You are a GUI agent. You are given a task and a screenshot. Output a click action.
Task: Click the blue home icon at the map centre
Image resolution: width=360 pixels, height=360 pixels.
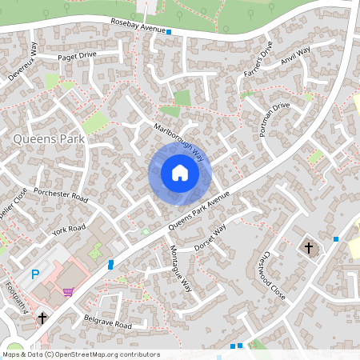(x=180, y=173)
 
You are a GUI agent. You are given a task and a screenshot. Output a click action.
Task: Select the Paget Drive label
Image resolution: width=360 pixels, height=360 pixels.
(x=77, y=56)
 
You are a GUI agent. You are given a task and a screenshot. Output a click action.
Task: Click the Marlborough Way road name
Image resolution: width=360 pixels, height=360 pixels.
(x=179, y=142)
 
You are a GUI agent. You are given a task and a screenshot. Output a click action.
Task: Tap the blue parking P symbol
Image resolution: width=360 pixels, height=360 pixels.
(x=34, y=274)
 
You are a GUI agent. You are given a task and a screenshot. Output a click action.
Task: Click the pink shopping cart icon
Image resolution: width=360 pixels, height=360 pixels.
(x=69, y=292)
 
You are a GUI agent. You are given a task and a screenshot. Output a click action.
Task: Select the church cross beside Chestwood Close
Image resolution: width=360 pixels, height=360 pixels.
(x=309, y=247)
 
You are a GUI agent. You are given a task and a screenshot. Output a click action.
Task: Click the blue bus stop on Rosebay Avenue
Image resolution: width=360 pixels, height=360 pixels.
(x=170, y=32)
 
